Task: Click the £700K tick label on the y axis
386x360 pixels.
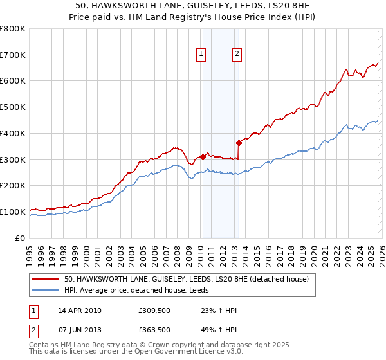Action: (x=13, y=55)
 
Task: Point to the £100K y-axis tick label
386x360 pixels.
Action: (x=13, y=212)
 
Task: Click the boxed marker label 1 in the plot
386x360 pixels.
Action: (x=202, y=55)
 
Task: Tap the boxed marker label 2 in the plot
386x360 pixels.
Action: (x=237, y=55)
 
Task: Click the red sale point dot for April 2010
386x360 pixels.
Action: (x=203, y=156)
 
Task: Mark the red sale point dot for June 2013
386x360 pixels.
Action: (x=239, y=143)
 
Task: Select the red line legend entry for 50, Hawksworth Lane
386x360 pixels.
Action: (x=187, y=279)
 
